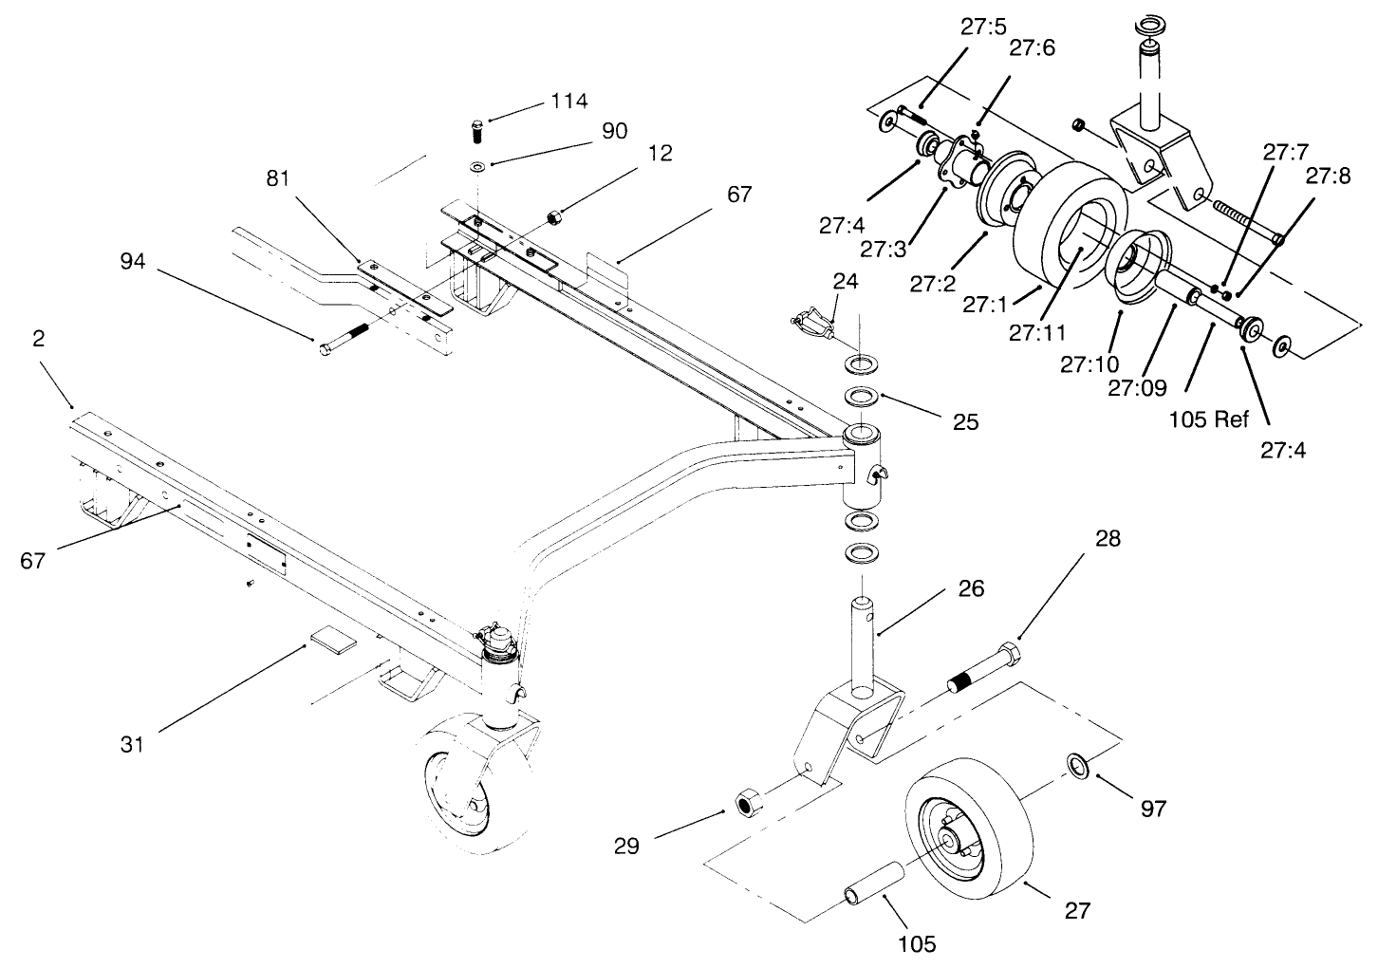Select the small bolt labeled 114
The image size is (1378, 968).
pyautogui.click(x=478, y=130)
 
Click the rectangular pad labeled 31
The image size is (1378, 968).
pyautogui.click(x=331, y=641)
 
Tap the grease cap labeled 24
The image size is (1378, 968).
pyautogui.click(x=812, y=323)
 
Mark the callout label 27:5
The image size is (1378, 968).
pyautogui.click(x=982, y=28)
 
